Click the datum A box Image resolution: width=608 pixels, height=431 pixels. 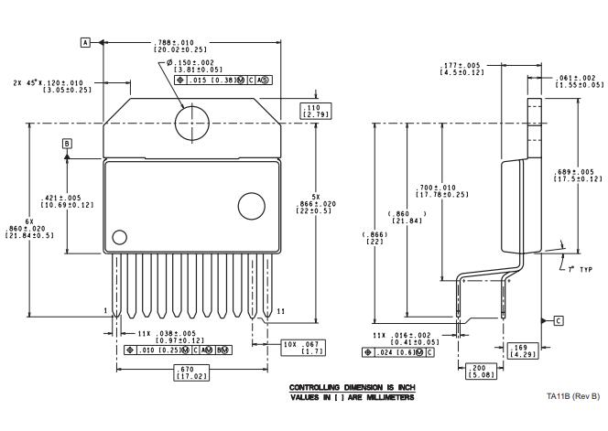(85, 42)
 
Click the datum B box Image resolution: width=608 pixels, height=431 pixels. (66, 144)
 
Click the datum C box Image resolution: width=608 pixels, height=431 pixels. (559, 320)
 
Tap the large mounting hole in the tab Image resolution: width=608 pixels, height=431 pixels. (192, 122)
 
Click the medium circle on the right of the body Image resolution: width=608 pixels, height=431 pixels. (250, 205)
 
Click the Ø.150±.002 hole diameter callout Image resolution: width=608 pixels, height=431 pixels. (193, 67)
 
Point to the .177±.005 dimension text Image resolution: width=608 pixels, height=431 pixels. (461, 69)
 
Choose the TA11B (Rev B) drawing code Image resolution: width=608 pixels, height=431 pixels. (572, 396)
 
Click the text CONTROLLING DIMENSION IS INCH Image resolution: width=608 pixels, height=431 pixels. (352, 388)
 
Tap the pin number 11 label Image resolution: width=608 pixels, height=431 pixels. (281, 313)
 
